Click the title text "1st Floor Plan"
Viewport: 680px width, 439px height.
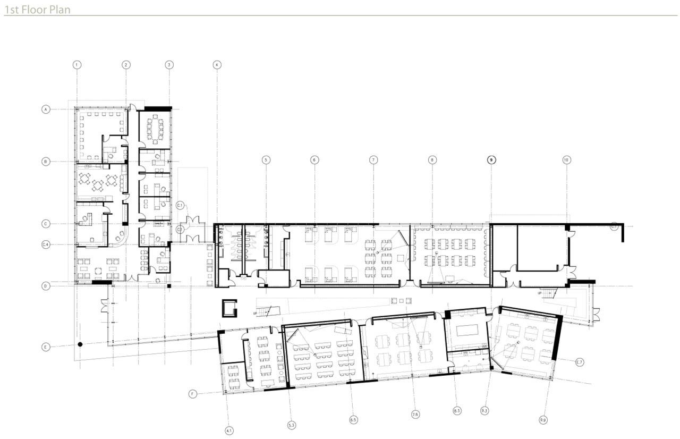37,10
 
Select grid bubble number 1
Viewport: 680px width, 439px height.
77,65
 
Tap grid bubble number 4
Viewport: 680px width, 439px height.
217,65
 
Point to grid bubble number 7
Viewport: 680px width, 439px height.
373,159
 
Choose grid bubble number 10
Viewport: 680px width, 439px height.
566,159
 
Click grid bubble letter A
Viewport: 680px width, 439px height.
46,109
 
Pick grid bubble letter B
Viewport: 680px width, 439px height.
46,161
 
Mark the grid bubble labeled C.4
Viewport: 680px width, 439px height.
46,244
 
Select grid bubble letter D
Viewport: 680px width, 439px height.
46,286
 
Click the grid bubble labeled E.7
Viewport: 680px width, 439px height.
580,362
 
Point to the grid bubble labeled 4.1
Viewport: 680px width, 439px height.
229,430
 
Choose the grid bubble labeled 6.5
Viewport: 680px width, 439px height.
353,420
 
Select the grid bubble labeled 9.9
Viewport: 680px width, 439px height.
543,420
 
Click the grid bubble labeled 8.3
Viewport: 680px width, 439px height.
457,410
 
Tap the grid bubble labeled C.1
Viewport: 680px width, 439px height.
180,205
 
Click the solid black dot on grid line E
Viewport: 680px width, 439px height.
80,344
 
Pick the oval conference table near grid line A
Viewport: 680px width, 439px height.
156,131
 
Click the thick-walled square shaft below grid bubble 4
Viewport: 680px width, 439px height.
229,308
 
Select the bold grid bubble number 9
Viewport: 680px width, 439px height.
491,159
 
